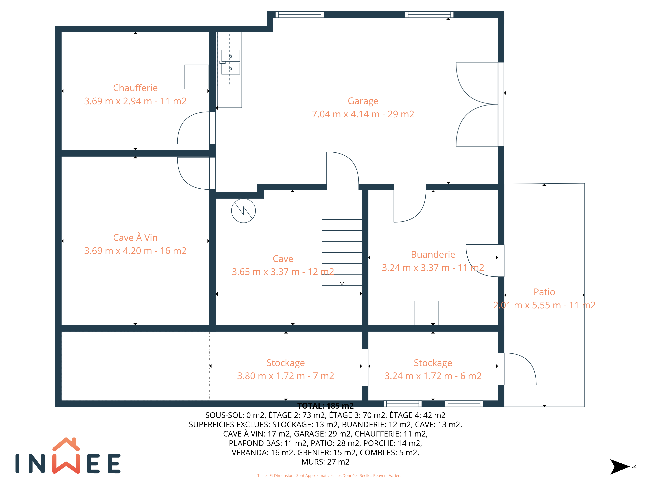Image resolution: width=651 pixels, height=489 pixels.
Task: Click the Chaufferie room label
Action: coord(135,88)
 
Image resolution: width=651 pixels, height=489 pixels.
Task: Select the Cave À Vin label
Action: coord(135,238)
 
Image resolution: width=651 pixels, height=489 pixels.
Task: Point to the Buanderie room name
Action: coord(433,254)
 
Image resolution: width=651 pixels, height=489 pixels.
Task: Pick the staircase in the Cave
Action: coord(342,252)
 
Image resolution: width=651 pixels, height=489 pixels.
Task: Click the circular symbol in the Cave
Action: coord(243,211)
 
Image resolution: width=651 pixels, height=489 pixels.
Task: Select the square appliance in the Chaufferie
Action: coord(197,77)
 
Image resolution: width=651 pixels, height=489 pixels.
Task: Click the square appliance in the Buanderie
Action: coord(426,313)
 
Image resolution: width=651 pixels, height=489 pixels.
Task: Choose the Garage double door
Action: coord(480,104)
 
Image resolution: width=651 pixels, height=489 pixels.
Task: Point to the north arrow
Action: coord(620,467)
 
